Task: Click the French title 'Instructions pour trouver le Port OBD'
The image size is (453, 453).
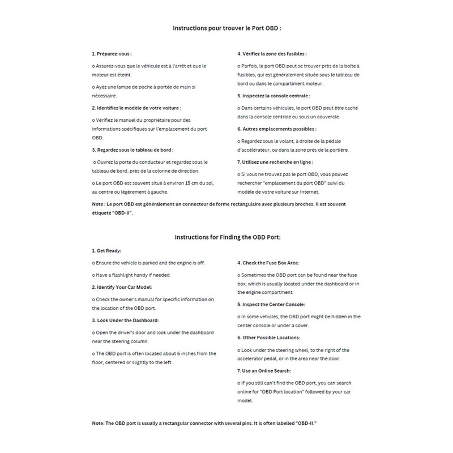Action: pos(226,27)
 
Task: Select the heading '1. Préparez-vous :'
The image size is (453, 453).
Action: pos(112,54)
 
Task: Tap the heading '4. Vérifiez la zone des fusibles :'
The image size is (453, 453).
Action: pos(272,54)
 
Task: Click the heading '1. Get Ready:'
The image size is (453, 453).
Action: pos(106,250)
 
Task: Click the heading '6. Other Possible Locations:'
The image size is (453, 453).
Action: pos(270,337)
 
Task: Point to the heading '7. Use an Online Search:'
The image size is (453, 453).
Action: pos(264,370)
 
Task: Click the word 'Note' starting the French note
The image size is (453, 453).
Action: pos(97,203)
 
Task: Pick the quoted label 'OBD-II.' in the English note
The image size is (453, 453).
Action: pos(311,424)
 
